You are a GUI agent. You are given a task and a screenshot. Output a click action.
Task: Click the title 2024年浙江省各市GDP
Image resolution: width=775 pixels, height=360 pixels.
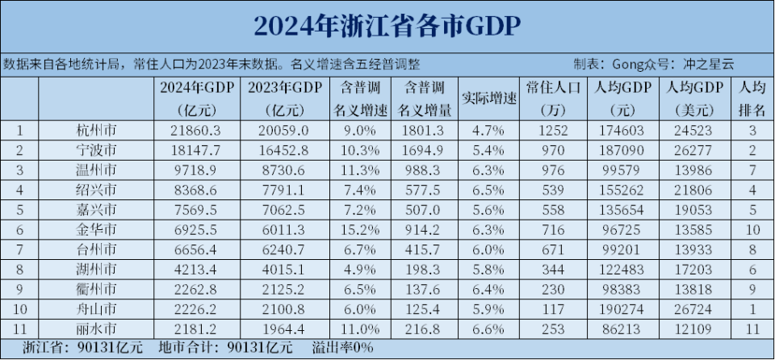coord(387,25)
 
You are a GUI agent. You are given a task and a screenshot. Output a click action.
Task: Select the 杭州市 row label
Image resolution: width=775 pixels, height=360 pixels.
coord(95,130)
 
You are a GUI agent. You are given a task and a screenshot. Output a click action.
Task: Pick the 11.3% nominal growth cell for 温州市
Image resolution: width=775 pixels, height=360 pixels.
coord(361,170)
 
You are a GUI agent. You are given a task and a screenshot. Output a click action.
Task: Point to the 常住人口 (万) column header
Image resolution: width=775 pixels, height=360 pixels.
coord(552,98)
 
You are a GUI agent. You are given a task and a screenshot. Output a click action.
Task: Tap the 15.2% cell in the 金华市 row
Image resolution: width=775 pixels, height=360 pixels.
coord(361,230)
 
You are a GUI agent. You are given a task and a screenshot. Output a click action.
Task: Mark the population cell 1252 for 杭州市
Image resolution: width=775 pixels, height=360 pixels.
coord(552,130)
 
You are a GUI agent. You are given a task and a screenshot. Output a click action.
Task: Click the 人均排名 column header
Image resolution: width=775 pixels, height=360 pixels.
coord(752,98)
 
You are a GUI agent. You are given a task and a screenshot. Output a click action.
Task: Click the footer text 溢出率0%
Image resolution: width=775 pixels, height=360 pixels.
coord(342,349)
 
